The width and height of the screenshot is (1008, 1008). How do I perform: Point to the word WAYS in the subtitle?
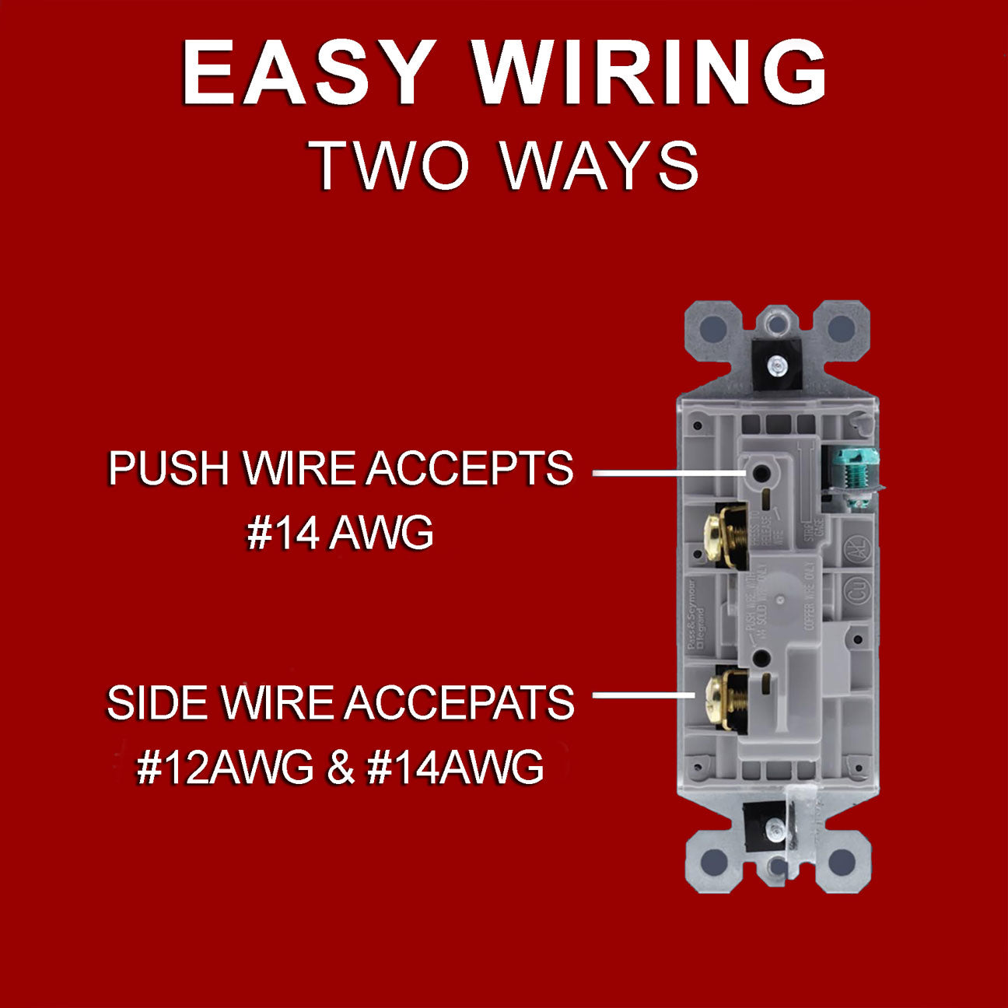[599, 165]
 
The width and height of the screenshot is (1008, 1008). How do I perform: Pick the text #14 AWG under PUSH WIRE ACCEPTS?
[340, 534]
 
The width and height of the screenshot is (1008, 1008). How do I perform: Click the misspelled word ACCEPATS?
[460, 703]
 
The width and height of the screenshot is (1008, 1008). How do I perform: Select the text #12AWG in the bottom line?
[225, 768]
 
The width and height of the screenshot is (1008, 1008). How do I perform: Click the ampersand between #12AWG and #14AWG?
[340, 768]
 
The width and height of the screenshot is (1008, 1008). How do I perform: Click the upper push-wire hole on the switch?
[758, 473]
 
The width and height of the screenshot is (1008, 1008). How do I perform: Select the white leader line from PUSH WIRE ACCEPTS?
[665, 472]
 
